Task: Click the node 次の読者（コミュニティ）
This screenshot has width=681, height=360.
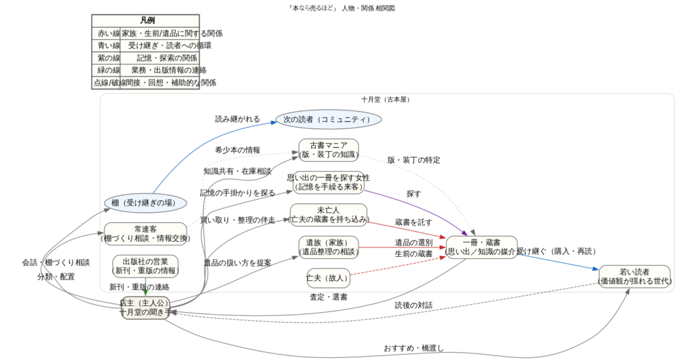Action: tap(328, 120)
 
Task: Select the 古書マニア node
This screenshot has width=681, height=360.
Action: tap(329, 150)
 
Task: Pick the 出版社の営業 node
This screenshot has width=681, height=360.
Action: tap(145, 266)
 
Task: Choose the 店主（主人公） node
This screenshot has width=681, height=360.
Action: tap(145, 307)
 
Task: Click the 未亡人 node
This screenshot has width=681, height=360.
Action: tap(329, 215)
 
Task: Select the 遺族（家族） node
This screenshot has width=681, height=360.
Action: tap(329, 247)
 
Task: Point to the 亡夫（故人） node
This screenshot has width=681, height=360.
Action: tap(329, 275)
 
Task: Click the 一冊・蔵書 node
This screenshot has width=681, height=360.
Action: tap(481, 247)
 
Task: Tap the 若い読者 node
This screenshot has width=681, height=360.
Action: tap(634, 277)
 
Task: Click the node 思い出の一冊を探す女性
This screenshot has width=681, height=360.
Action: tap(329, 182)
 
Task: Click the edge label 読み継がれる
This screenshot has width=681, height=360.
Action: tap(237, 119)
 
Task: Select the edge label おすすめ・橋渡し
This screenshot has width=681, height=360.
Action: tap(413, 348)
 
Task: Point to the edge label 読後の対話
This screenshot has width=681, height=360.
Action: tap(413, 305)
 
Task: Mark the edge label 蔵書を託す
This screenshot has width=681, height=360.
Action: tap(414, 222)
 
